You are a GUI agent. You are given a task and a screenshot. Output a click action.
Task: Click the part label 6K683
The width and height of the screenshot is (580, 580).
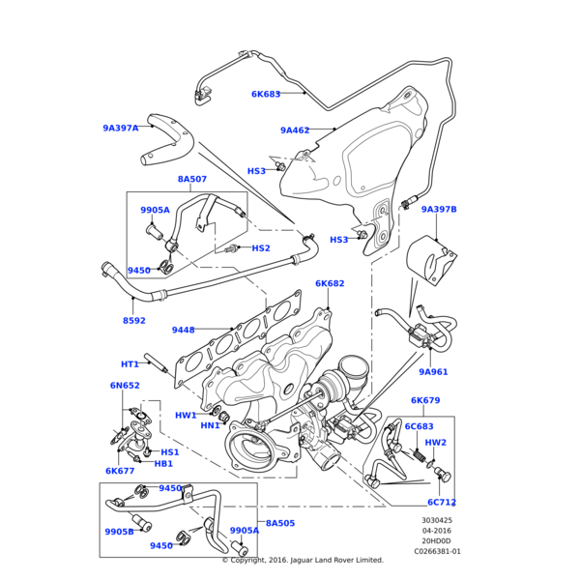point(266,95)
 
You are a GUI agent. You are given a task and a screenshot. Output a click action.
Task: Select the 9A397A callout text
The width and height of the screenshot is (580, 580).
point(121,128)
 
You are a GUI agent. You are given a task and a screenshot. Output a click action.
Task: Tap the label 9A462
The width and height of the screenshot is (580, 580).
point(295,130)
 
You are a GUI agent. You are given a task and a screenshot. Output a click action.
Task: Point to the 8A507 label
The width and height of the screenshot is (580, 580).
point(191,179)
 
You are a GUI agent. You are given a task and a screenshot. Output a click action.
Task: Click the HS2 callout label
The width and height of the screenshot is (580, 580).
point(261,248)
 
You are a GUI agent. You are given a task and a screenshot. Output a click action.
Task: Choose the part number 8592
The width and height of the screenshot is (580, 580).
point(134,321)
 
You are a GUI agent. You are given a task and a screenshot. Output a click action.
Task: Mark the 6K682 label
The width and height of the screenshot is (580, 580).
point(330,284)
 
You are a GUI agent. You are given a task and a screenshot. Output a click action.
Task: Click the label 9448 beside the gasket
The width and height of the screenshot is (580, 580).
point(184,331)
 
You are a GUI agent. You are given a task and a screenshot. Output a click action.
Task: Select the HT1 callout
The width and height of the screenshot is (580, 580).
point(130,364)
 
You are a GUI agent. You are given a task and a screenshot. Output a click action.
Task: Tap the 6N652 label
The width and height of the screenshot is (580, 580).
point(125,386)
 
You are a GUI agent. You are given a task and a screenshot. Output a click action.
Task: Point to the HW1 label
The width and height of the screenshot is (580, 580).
point(186,416)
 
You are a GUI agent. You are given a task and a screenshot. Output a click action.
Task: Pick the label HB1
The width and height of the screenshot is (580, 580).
point(163,464)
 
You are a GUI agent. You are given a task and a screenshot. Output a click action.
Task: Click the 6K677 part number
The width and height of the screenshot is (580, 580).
point(120,472)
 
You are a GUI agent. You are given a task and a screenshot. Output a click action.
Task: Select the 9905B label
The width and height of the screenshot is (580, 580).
point(119,532)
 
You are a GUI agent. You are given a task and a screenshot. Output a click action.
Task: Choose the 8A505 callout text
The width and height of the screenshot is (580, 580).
point(280,523)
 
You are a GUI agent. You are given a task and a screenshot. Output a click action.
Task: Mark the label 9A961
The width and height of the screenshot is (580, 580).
point(433,372)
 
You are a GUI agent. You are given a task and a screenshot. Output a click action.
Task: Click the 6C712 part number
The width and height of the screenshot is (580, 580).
point(442,503)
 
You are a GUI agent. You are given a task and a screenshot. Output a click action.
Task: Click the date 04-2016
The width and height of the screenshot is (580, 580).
point(436,531)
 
